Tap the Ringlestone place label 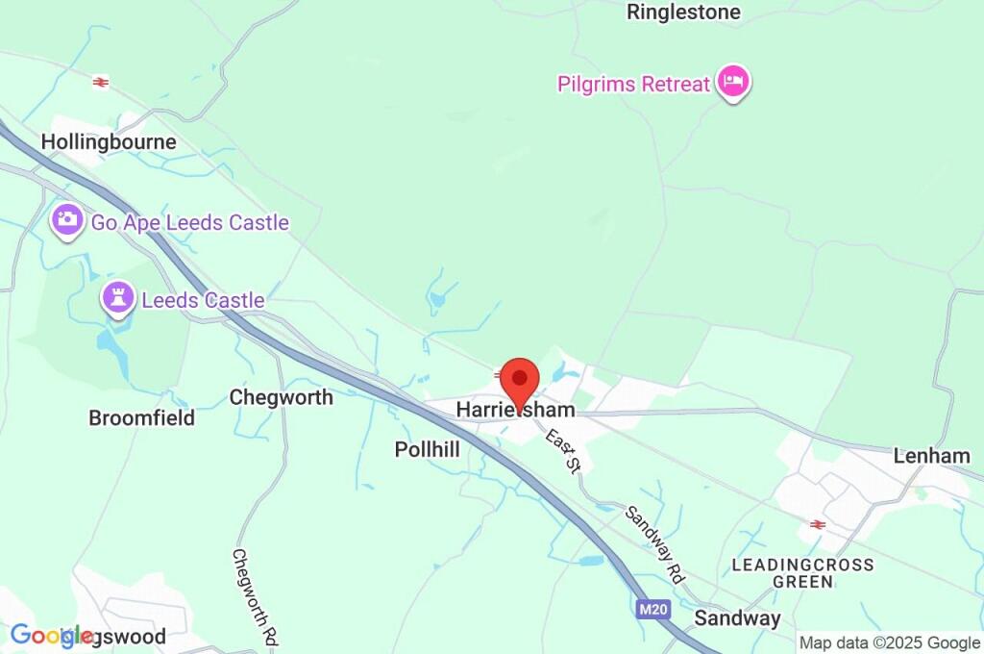[x=683, y=13]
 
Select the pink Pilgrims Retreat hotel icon [x=734, y=83]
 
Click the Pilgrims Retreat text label [x=633, y=85]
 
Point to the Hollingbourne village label [x=109, y=142]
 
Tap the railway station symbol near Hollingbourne [x=100, y=83]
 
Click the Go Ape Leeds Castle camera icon [x=66, y=220]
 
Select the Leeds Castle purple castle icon [x=118, y=299]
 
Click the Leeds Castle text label [x=203, y=301]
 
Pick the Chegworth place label [x=281, y=397]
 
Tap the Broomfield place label [x=141, y=418]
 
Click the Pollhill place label [x=427, y=449]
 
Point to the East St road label [x=564, y=451]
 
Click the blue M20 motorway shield [x=651, y=609]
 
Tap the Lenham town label [x=931, y=456]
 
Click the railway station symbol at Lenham [x=818, y=524]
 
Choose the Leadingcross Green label [x=803, y=573]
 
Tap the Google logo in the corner [x=51, y=636]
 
